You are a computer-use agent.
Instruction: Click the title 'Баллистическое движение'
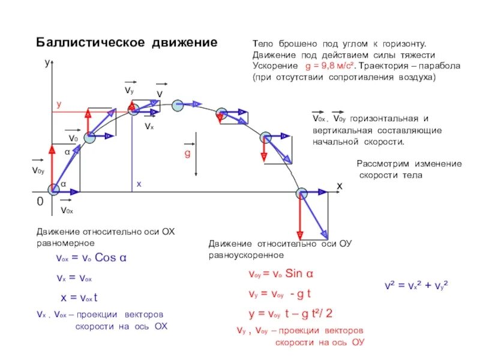[127, 43]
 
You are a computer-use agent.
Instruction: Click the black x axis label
[339, 187]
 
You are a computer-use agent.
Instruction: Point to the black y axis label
[47, 62]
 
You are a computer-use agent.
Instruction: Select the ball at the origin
[54, 188]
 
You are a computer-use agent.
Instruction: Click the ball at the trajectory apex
[177, 106]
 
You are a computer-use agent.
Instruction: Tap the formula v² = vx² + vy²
[417, 285]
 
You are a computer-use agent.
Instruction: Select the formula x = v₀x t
[79, 298]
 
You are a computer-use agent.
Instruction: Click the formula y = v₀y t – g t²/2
[290, 313]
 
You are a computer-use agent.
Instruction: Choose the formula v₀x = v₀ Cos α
[90, 259]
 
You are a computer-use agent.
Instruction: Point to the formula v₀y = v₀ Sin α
[281, 274]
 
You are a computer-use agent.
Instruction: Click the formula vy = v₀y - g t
[280, 294]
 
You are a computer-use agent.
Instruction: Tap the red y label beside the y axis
[59, 104]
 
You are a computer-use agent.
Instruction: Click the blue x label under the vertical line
[138, 184]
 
